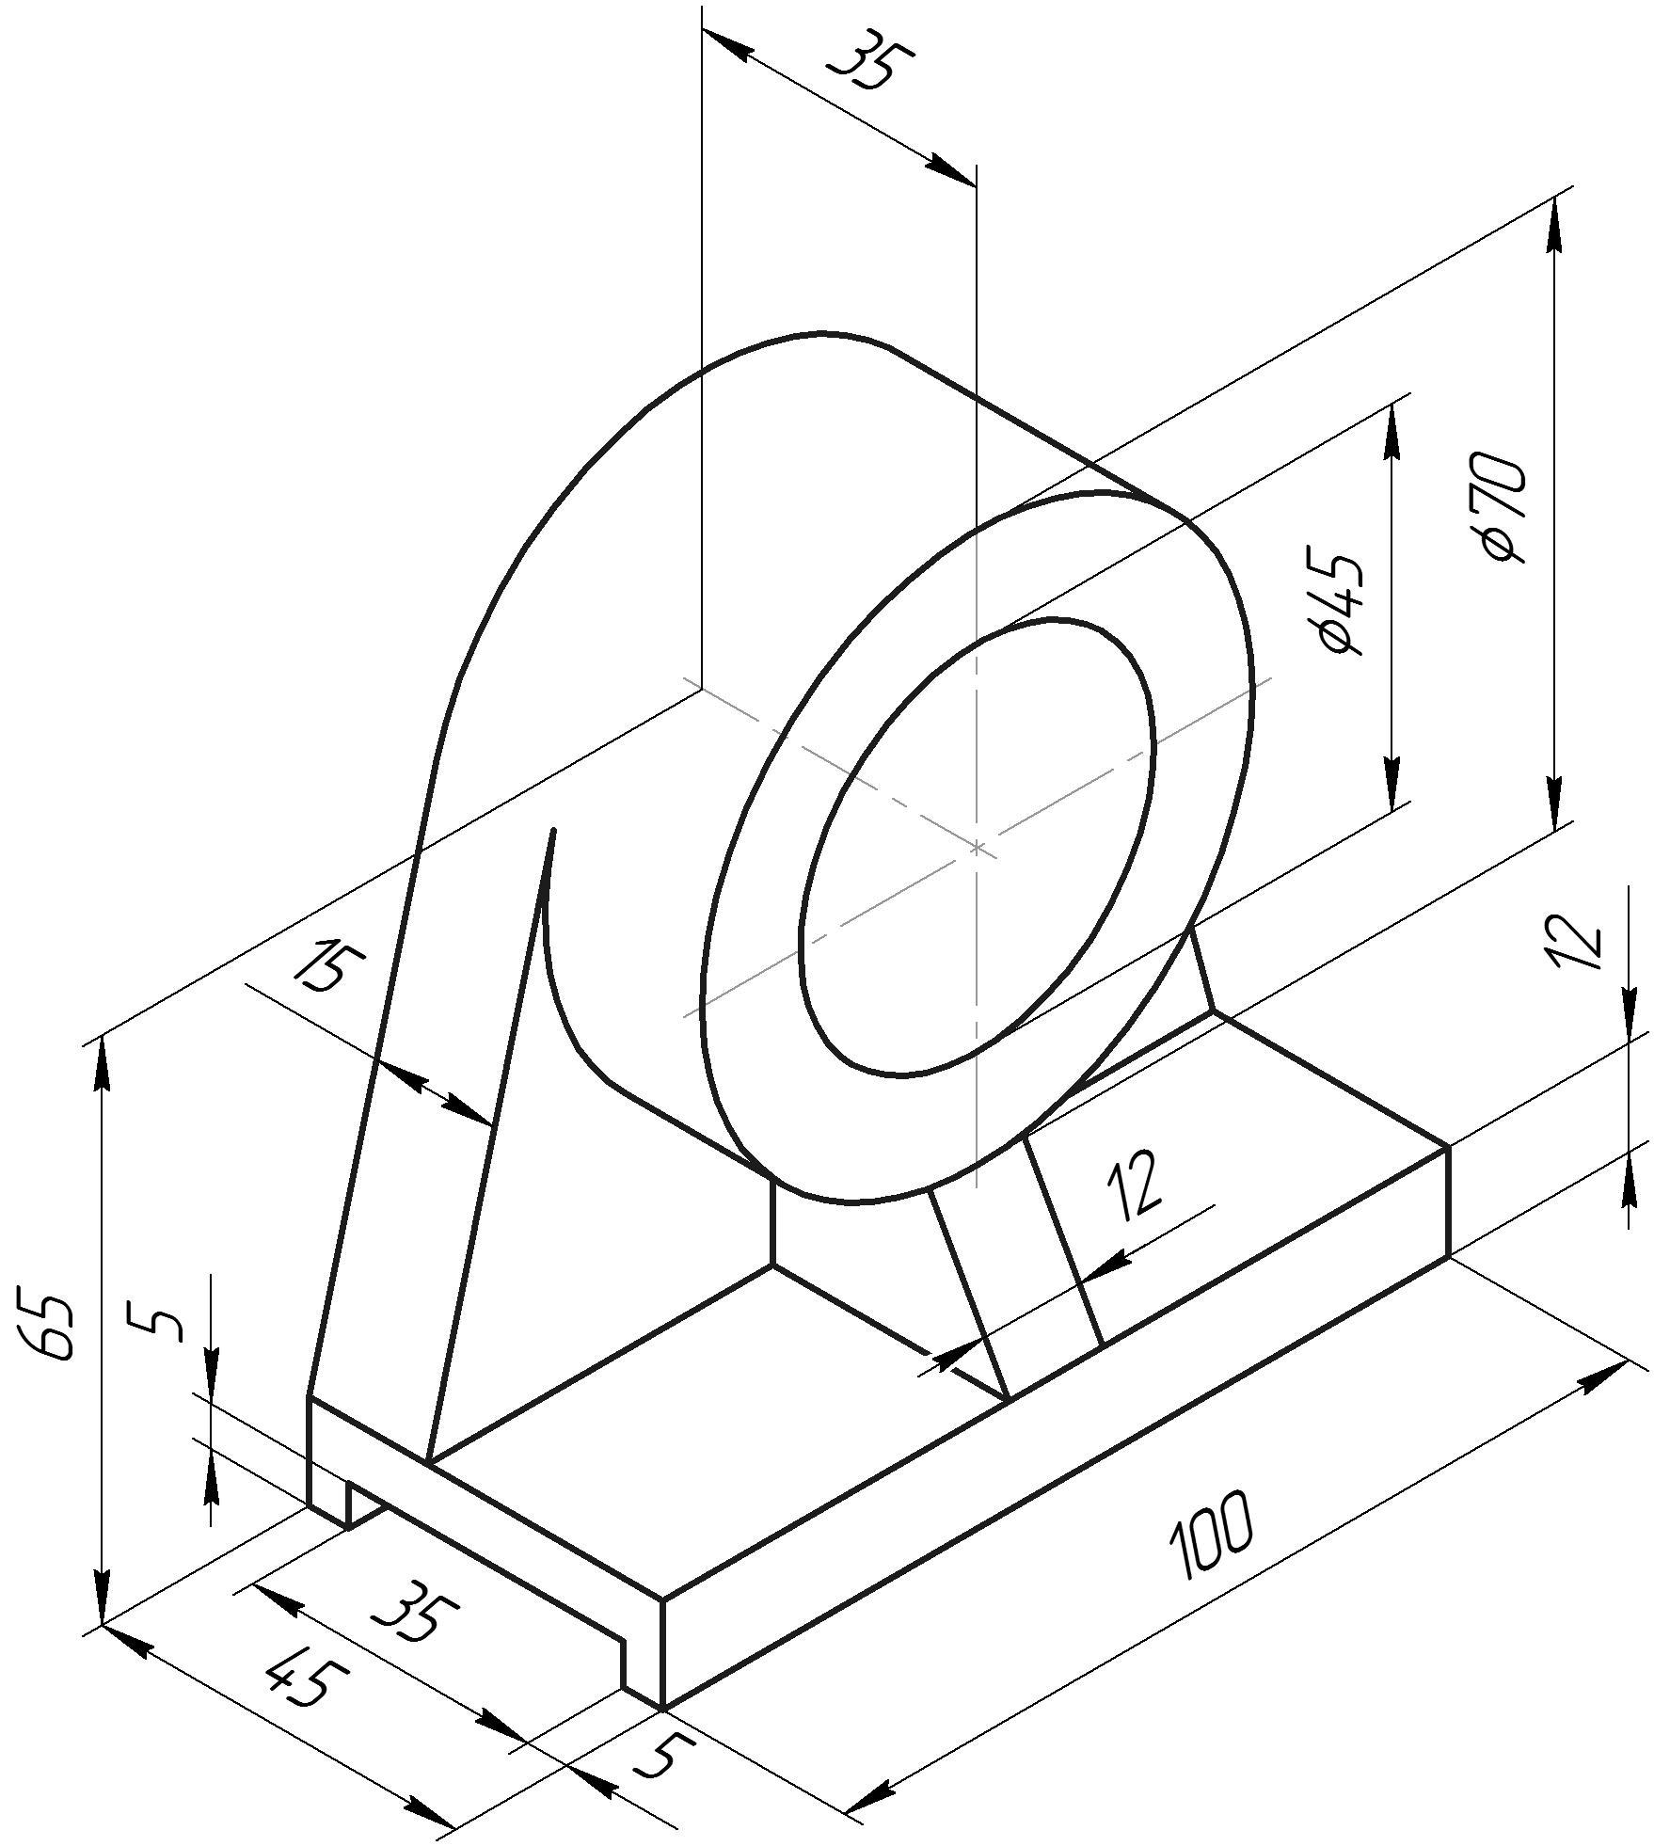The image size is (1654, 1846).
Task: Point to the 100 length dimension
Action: (1211, 1535)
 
